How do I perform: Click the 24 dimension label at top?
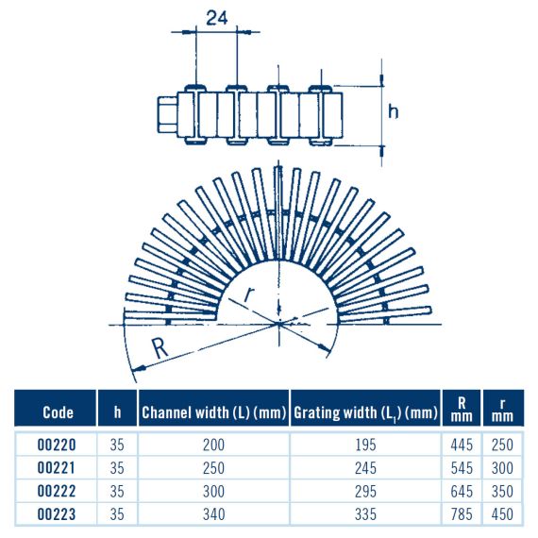pos(216,18)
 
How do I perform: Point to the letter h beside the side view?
pos(394,112)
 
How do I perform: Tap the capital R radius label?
pos(160,348)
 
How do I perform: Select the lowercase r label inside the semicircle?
pos(249,295)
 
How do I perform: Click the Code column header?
pos(58,412)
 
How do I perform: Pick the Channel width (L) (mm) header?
pos(213,412)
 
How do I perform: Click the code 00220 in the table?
pos(57,445)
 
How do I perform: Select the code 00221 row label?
pos(56,468)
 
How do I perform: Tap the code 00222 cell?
pos(57,492)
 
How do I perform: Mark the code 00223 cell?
pos(57,514)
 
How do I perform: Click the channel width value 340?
pos(213,514)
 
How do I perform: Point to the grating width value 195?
pos(366,445)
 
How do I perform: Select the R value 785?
pos(462,514)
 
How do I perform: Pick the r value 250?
pos(502,445)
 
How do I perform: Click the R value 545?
pos(462,468)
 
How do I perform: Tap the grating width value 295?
pos(366,492)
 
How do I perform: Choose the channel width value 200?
pos(213,445)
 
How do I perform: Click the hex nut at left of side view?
pos(167,114)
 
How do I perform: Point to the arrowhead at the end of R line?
pos(139,369)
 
